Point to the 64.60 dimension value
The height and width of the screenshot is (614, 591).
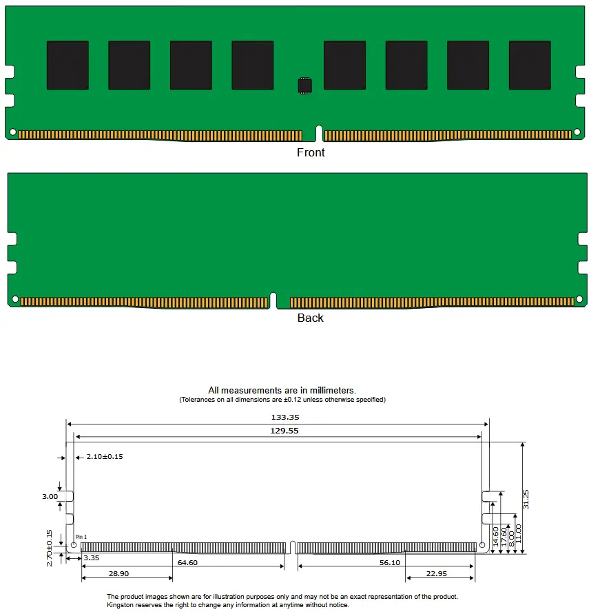tap(187, 562)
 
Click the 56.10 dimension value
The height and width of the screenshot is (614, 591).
tap(390, 562)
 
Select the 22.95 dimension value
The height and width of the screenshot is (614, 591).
tap(436, 573)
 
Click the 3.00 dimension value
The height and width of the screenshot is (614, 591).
tap(50, 496)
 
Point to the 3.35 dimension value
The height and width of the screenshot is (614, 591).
tap(91, 557)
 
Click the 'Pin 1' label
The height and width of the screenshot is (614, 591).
tap(81, 537)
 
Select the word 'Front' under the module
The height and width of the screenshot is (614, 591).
tap(311, 152)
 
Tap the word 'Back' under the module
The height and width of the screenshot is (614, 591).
tap(310, 318)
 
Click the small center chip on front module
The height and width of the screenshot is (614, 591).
tap(304, 85)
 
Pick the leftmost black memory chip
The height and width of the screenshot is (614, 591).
tap(68, 65)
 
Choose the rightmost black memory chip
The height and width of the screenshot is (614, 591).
tap(530, 65)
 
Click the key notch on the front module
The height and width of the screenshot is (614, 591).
tap(319, 132)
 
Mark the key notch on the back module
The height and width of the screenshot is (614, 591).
tap(273, 300)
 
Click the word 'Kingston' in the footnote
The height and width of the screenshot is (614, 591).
tap(123, 605)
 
